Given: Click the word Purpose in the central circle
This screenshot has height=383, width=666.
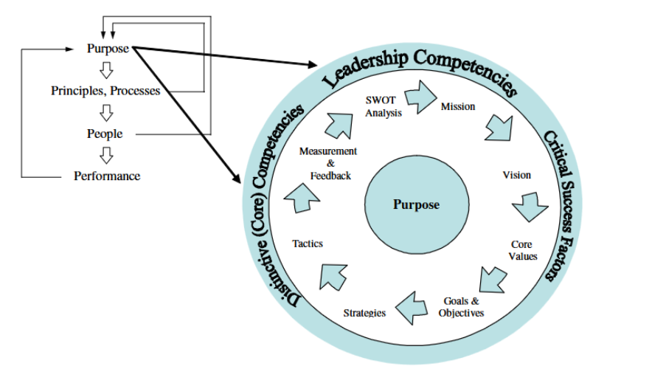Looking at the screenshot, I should [x=416, y=204].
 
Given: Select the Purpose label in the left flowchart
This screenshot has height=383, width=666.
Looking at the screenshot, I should [x=108, y=49].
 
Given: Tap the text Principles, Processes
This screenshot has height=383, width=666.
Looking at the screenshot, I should [x=105, y=91].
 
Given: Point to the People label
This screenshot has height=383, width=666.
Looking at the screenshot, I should [x=105, y=134].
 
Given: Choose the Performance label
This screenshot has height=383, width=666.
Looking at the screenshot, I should [x=107, y=176].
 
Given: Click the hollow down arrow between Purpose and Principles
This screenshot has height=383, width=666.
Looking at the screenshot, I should [x=107, y=70].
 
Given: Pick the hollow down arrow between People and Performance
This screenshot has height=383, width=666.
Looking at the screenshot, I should [x=107, y=155].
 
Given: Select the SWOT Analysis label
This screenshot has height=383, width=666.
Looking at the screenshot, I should [x=384, y=106].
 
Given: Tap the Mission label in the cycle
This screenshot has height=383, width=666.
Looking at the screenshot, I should [x=458, y=106].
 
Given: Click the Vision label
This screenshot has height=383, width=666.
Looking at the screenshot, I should [x=516, y=175].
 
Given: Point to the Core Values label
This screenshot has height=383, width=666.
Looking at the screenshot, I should [x=522, y=250].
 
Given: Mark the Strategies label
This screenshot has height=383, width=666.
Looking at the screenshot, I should [x=364, y=313].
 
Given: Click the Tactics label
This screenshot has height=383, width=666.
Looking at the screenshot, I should [x=307, y=243].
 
